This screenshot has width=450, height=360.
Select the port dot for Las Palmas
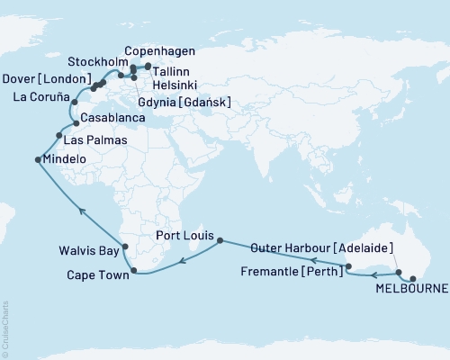(x=59, y=136)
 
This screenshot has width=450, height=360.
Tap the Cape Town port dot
(x=134, y=270)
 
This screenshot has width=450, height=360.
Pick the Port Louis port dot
(x=219, y=241)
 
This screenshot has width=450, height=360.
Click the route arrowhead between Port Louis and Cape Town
(x=183, y=261)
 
